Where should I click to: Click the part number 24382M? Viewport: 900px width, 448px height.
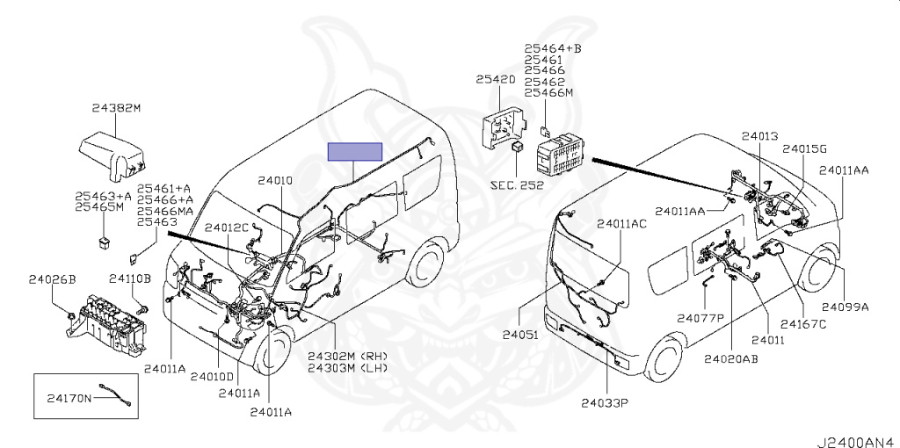pos(117,108)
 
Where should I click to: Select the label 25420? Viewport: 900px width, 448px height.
pos(496,79)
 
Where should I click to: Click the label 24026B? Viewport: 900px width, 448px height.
pos(52,279)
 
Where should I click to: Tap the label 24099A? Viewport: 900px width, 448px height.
pos(845,307)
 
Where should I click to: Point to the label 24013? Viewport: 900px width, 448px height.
pos(759,136)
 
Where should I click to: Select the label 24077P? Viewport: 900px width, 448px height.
pos(700,317)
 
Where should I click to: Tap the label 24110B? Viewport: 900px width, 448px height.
pos(130,279)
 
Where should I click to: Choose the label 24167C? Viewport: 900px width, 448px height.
pos(803,324)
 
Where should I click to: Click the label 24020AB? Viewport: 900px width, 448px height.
pos(730,358)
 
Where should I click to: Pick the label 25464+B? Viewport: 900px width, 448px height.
pos(553,49)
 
